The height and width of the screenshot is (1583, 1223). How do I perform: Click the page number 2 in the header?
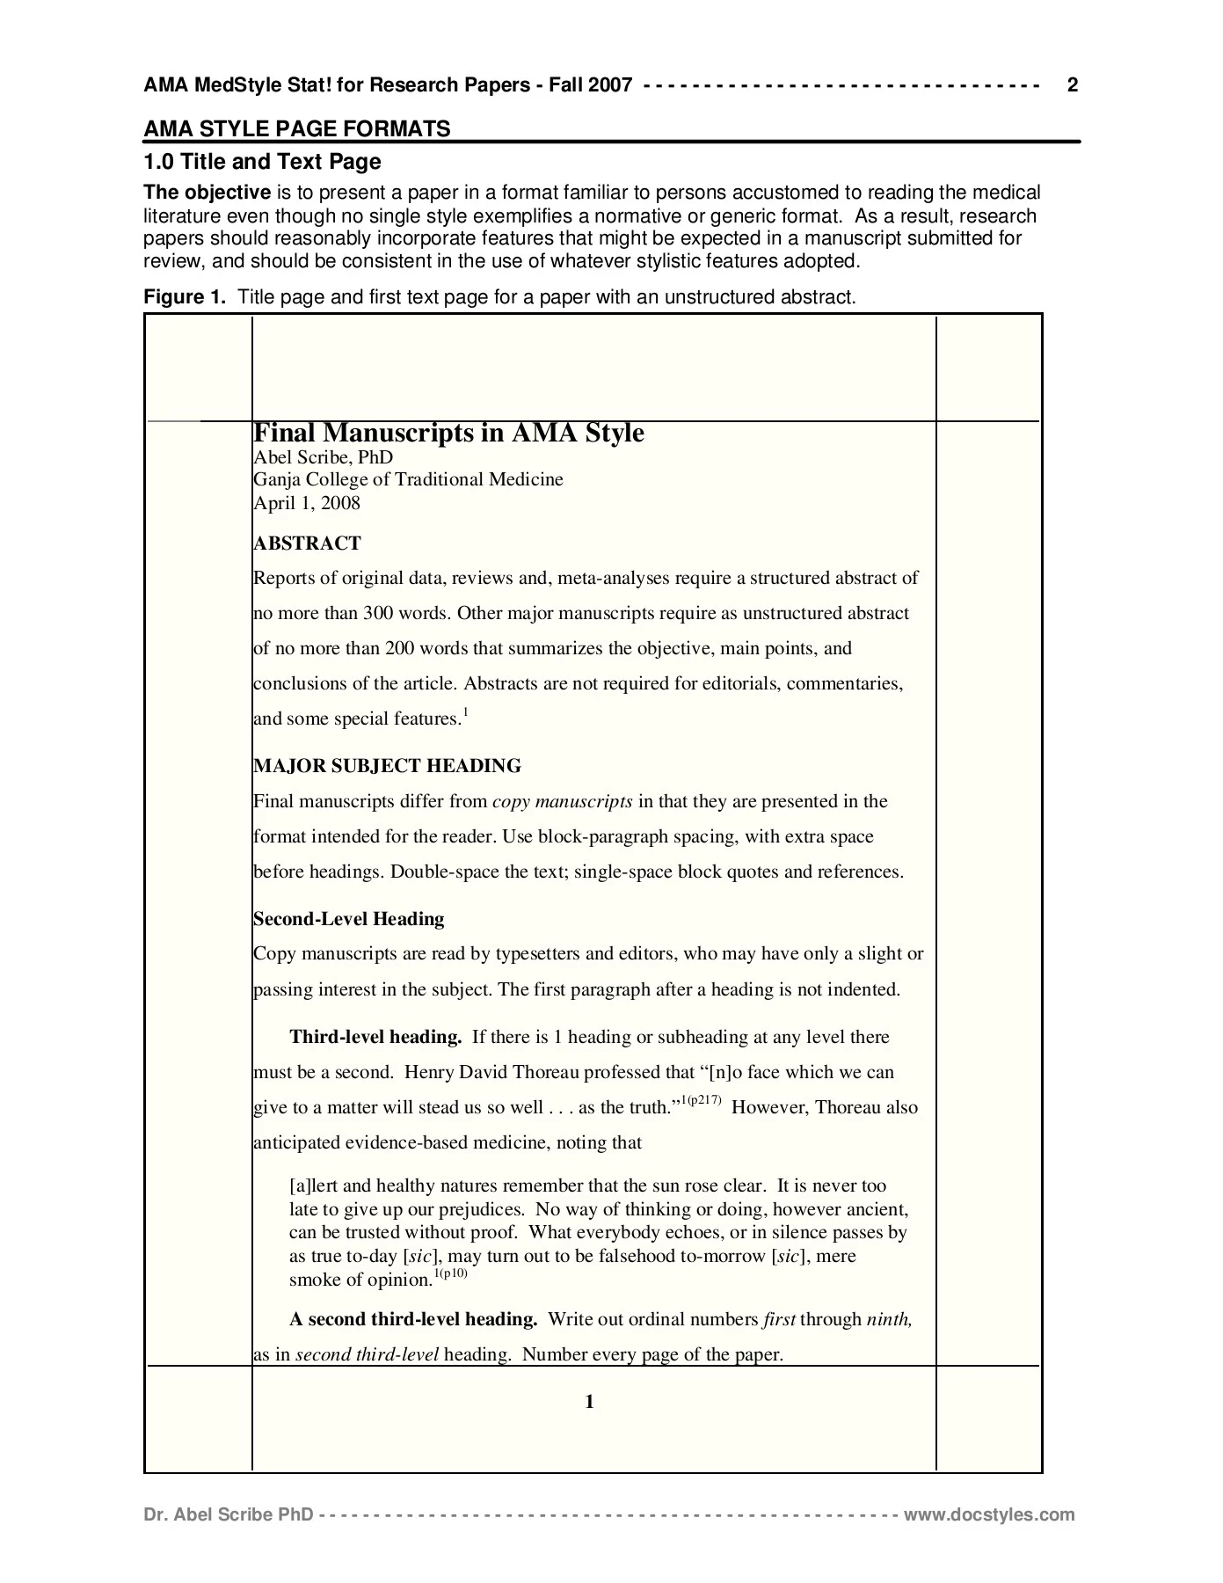(1072, 85)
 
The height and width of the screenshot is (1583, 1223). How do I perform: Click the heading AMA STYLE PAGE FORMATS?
(296, 129)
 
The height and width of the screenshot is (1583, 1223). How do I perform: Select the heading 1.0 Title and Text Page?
(262, 162)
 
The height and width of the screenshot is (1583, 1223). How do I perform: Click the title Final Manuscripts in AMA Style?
(448, 434)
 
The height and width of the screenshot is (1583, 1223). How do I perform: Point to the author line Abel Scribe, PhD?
(323, 457)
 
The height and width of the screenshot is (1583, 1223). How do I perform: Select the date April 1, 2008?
(306, 503)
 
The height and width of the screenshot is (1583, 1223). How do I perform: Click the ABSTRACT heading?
(307, 543)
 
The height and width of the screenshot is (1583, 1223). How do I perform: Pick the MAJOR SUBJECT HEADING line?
(387, 766)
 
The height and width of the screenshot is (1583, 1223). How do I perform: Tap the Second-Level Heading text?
(348, 919)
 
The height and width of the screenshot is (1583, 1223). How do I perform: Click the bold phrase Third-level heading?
(375, 1037)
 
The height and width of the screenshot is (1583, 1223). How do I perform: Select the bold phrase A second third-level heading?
(413, 1319)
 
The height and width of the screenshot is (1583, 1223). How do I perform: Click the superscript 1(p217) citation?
(702, 1100)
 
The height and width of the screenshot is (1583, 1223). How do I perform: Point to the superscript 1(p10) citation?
(451, 1273)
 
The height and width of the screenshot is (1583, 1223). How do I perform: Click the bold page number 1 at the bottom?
(589, 1402)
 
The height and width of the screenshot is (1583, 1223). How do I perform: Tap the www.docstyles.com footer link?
(989, 1514)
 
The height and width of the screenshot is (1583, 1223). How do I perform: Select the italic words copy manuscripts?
(562, 801)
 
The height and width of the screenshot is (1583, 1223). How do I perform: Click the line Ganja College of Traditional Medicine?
(408, 479)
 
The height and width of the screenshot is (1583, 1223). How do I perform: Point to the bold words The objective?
(207, 193)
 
